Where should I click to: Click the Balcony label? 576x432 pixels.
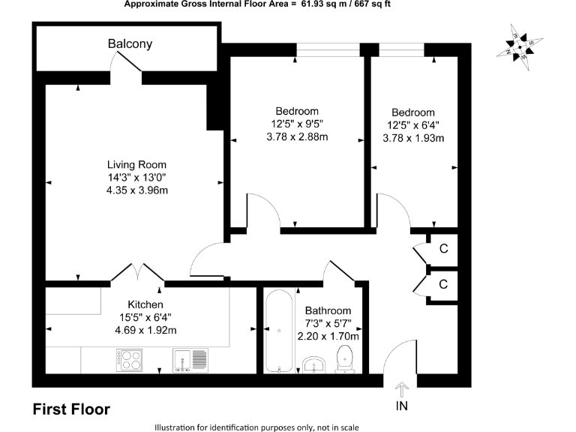[130, 44]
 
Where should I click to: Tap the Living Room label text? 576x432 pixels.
[136, 165]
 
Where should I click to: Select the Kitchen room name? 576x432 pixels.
[145, 304]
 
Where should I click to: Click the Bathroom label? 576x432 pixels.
[328, 310]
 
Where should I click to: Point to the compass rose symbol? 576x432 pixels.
[519, 46]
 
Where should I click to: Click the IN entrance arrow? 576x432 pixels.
[402, 389]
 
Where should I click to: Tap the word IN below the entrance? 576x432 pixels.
[402, 407]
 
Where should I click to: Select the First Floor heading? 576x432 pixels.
[71, 409]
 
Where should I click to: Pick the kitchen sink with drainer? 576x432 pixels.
[190, 359]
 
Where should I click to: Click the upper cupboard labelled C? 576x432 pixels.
[443, 249]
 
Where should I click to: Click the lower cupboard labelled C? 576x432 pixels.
[443, 283]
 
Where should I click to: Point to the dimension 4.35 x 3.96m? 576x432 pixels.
[136, 190]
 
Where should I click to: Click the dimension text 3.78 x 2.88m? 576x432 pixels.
[298, 136]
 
